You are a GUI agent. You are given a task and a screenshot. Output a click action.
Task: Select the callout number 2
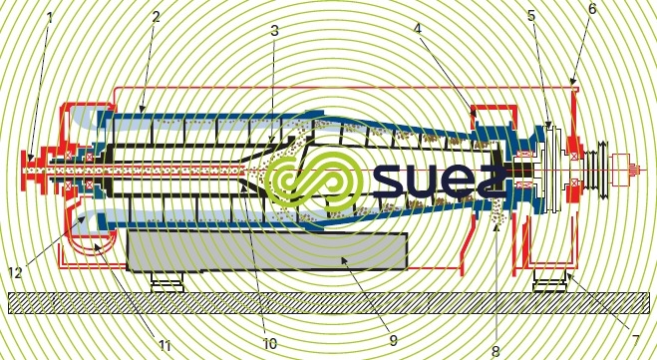(156, 18)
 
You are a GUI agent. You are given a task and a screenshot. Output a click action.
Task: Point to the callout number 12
(15, 271)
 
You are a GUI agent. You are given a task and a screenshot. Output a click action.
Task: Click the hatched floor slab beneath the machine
(329, 303)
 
